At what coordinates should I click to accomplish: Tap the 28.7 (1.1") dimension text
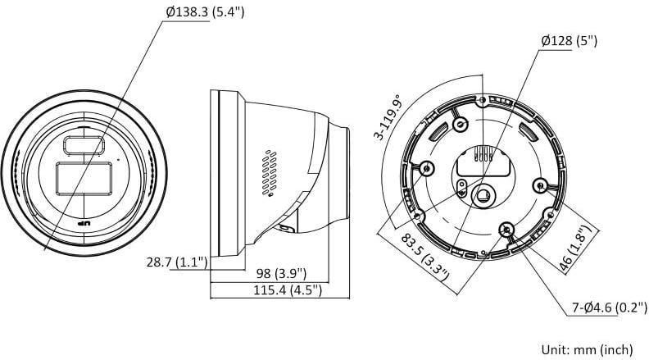point(176,262)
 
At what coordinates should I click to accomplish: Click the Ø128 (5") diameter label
point(570,39)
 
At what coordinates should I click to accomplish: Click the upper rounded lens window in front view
point(84,144)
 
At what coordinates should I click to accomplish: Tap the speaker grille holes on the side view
point(267,173)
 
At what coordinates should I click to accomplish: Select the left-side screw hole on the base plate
point(426,168)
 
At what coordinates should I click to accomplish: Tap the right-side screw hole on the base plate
point(539,184)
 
